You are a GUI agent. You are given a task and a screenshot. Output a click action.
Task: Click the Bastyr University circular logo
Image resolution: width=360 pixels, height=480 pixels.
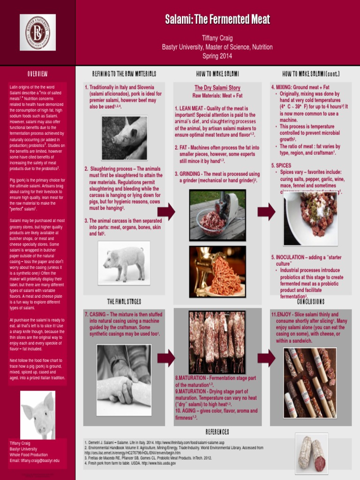point(37,32)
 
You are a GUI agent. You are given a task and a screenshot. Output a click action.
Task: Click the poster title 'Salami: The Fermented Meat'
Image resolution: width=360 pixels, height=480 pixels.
point(217,20)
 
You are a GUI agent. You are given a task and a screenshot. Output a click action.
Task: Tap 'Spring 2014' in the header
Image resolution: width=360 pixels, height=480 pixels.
point(217,56)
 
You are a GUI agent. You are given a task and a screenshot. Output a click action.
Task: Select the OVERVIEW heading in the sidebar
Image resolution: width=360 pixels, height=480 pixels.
point(37,74)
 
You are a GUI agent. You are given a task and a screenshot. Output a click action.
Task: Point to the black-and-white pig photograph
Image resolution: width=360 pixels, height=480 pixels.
point(124,138)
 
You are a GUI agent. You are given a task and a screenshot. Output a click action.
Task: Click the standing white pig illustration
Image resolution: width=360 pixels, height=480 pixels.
point(124,263)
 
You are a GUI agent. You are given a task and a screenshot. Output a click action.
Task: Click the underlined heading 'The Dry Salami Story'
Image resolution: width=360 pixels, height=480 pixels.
point(217,88)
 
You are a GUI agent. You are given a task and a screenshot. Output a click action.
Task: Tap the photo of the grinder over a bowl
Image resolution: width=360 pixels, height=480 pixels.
point(217,215)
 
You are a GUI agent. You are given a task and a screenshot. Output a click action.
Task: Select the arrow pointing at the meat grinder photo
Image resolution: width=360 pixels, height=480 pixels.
point(166,212)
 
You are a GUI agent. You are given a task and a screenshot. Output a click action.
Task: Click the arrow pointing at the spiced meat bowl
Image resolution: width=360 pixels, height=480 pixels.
point(266,212)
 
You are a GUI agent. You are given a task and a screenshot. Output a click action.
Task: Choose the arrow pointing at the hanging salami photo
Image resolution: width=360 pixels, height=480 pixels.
point(166,359)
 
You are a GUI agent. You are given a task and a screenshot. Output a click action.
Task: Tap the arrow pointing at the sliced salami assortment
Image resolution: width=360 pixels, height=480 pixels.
point(266,359)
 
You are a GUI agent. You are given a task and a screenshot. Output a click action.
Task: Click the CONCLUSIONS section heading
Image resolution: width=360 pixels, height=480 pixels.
point(311,301)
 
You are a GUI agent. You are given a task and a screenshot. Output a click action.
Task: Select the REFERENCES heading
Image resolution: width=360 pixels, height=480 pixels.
point(217,432)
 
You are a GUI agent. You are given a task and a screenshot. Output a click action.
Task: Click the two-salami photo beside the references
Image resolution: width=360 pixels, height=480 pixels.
point(311,453)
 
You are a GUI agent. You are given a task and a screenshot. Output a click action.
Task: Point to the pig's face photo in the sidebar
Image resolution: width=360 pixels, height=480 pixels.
point(38,414)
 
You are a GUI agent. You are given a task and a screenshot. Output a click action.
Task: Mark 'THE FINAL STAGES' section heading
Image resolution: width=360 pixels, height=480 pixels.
point(124,301)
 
